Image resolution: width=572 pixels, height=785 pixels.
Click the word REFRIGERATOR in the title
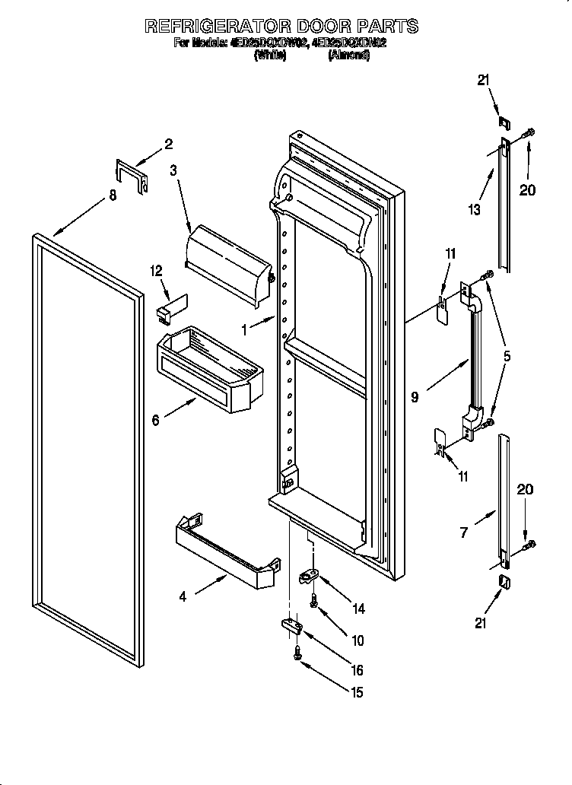[x=220, y=26]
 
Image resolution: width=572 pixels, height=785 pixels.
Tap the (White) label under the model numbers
[x=269, y=56]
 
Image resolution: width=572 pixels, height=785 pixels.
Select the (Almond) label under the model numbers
[x=348, y=56]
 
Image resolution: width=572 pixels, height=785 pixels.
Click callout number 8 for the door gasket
[x=113, y=195]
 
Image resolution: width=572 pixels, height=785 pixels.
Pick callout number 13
[x=475, y=209]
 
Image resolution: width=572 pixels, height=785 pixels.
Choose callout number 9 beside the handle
[x=415, y=397]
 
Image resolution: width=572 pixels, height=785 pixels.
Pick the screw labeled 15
[x=297, y=652]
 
